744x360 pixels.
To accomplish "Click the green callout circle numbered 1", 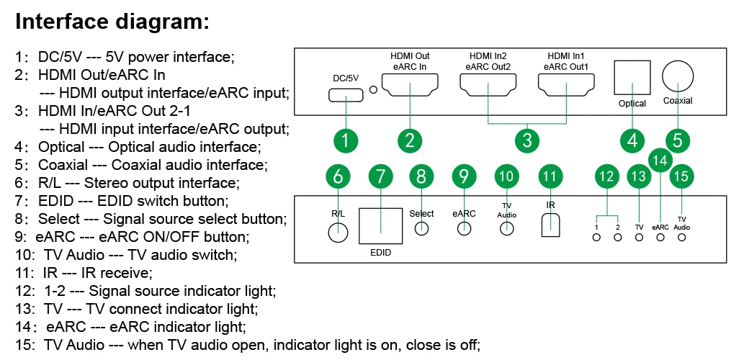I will click(x=346, y=140).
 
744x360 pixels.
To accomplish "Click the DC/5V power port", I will click(x=346, y=96).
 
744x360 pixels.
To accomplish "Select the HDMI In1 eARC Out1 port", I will click(x=565, y=87).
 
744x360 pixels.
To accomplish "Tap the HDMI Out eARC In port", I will click(x=410, y=87).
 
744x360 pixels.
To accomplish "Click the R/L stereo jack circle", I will click(x=338, y=232).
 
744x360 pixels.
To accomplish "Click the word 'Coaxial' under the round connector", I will click(x=678, y=101).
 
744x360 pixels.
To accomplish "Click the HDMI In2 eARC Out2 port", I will click(x=488, y=87).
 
